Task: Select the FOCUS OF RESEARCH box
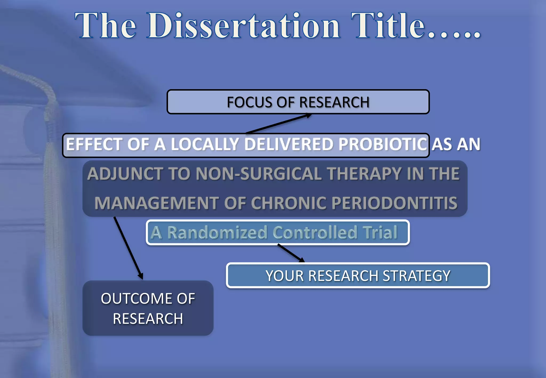click(x=298, y=102)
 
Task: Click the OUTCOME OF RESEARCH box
click(x=148, y=308)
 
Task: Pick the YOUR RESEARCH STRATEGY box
click(x=358, y=276)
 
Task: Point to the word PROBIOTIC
click(x=383, y=144)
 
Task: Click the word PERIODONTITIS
click(x=394, y=203)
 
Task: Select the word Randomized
click(x=217, y=232)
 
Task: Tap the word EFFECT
click(x=94, y=144)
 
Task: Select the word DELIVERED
click(x=289, y=144)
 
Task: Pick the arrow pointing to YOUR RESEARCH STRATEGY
click(x=291, y=253)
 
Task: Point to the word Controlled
click(x=315, y=232)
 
